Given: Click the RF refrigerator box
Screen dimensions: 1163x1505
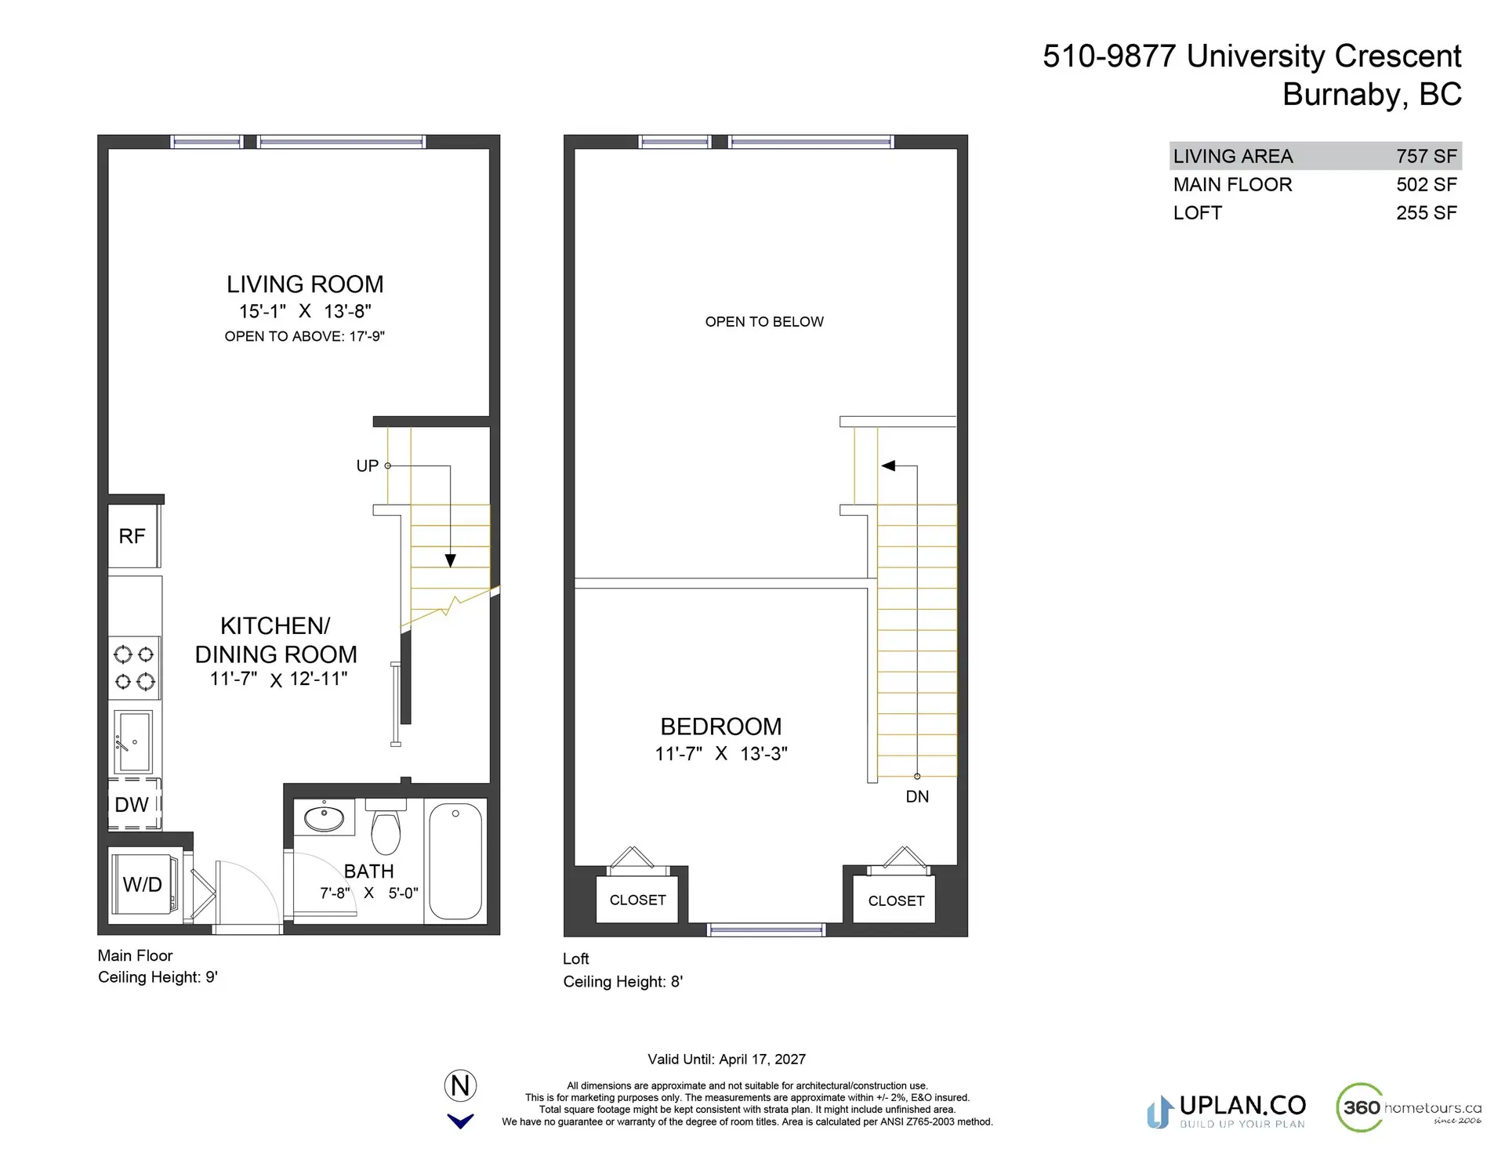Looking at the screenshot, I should pos(132,536).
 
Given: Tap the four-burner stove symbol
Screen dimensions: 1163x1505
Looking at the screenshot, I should pos(135,668).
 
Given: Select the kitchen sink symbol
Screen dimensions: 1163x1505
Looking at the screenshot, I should pos(133,741).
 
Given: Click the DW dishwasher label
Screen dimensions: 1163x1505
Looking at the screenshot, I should pos(132,805).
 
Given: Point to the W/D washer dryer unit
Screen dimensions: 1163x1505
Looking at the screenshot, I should pos(143,884).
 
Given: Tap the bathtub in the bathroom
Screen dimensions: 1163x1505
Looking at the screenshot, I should pos(455,860).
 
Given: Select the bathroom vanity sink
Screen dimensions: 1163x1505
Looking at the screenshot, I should pos(324,818).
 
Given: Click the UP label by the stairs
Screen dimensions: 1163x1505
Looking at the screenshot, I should pos(367,466).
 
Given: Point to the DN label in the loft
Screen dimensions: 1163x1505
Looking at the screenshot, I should pos(917,797).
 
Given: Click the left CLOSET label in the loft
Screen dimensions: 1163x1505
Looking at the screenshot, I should pos(637,900).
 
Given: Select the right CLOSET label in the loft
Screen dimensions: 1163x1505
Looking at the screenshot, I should pos(896,901).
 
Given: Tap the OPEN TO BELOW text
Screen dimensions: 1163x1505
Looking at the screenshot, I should pos(764,322).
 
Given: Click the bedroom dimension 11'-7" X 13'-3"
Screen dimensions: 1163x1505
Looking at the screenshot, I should pos(721,754).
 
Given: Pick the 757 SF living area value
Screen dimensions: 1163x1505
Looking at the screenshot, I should pos(1426,157).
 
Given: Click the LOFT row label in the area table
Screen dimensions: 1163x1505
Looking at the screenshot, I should pos(1197,213).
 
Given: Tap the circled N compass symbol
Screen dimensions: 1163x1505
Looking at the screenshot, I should pos(460,1086).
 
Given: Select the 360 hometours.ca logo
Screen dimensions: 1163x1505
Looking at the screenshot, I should pos(1409,1107).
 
